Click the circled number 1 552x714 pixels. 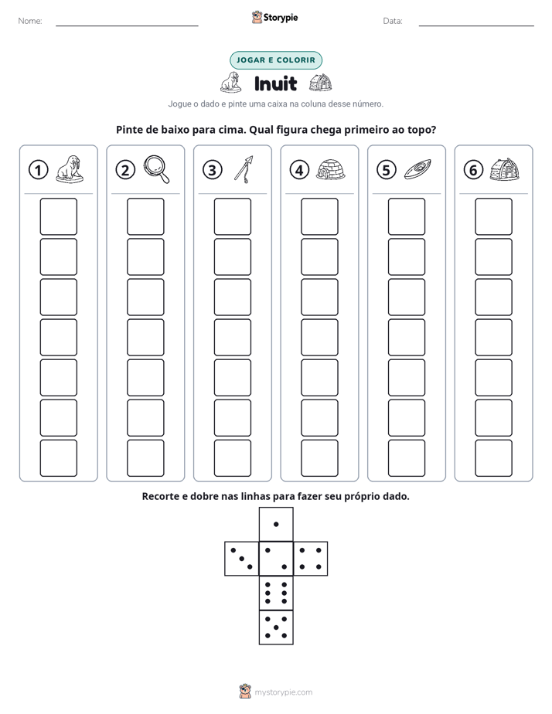[x=38, y=170]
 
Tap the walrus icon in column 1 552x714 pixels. [x=70, y=169]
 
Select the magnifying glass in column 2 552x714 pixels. [x=156, y=169]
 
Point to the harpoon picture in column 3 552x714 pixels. [x=244, y=169]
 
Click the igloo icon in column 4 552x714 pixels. [x=330, y=169]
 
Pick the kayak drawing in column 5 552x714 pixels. [x=417, y=169]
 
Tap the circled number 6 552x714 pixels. [x=473, y=170]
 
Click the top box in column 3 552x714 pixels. [x=232, y=216]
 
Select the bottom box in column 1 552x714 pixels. [x=58, y=458]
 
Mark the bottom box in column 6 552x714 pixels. [x=493, y=458]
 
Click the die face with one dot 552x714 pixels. [x=276, y=524]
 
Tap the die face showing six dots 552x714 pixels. [x=276, y=593]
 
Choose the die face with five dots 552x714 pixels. [x=276, y=627]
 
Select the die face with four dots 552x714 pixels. [x=311, y=559]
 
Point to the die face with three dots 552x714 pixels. [x=241, y=559]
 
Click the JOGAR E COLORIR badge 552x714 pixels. [x=276, y=60]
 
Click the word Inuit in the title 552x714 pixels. [x=275, y=83]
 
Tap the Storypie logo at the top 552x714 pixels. [x=274, y=17]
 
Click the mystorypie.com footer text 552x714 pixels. [x=283, y=692]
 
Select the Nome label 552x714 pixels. [x=30, y=21]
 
